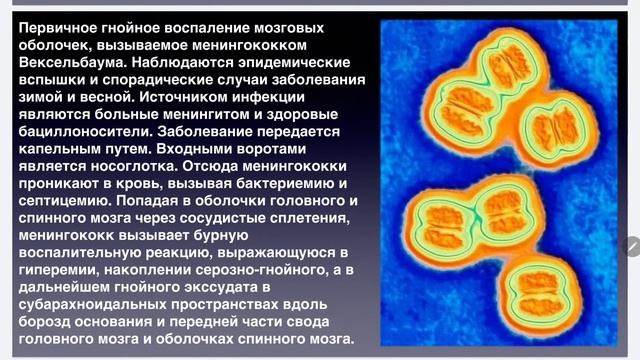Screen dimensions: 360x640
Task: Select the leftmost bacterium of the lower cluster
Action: click(443, 216)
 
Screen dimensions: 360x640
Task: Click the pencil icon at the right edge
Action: click(631, 245)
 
